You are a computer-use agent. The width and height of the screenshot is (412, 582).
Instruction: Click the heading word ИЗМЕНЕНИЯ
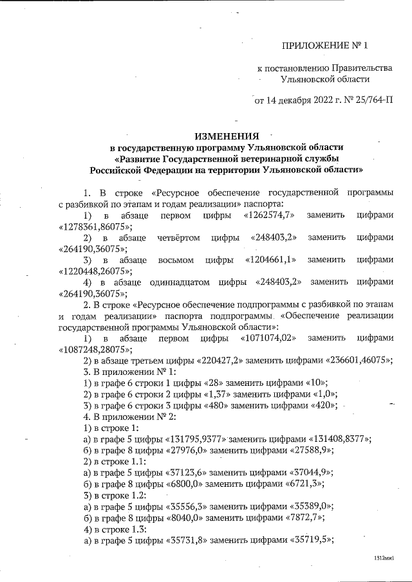click(227, 136)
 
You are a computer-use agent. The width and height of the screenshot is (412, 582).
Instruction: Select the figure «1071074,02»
click(266, 338)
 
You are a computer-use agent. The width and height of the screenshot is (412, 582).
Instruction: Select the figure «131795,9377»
click(196, 439)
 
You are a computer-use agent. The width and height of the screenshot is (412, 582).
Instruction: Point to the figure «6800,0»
click(185, 485)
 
